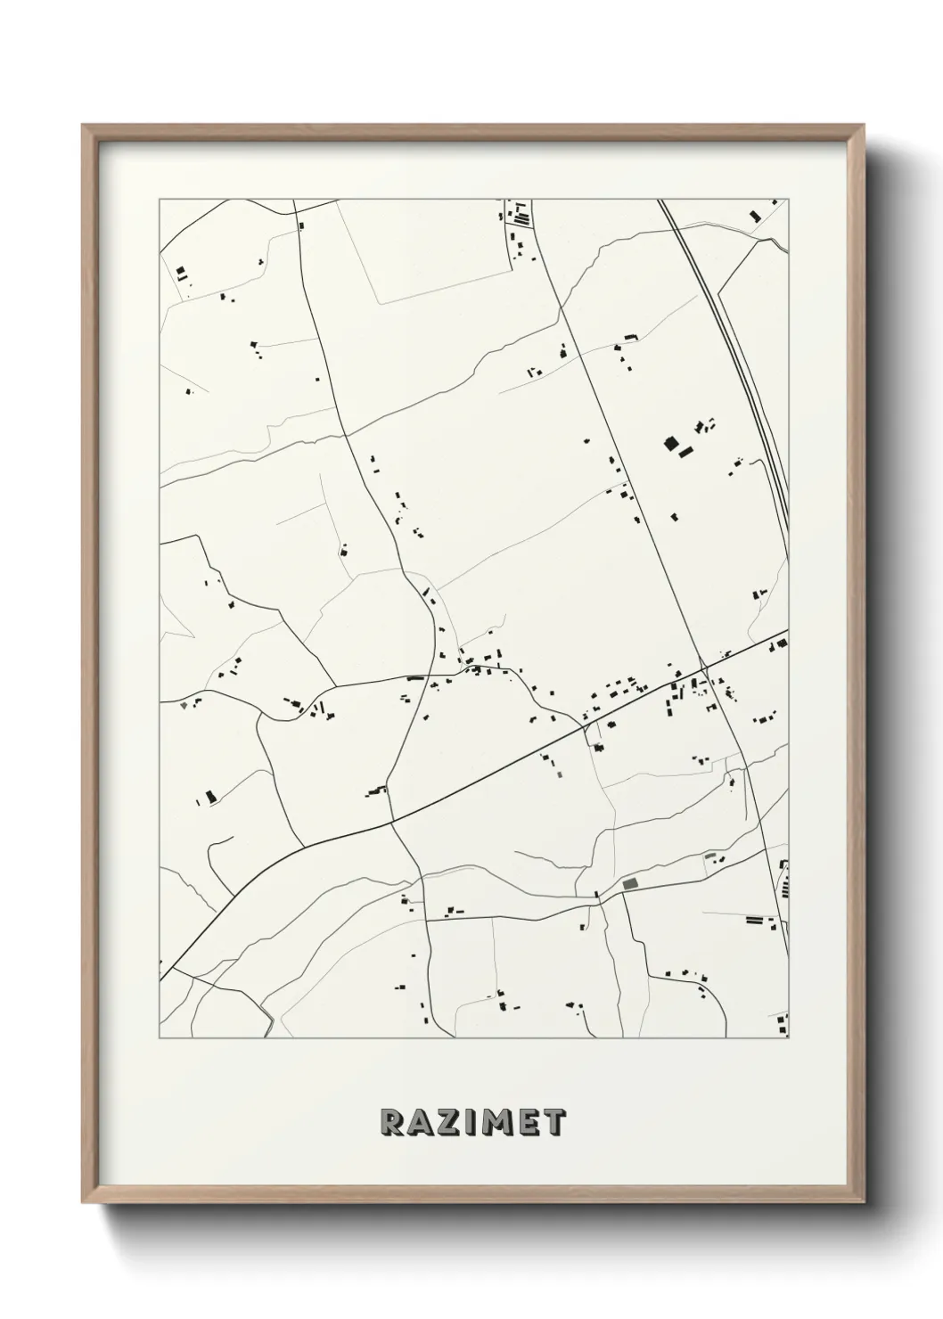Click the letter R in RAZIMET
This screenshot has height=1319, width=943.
(x=391, y=1122)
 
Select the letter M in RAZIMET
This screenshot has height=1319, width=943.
(x=496, y=1122)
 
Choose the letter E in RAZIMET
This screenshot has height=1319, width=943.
(x=527, y=1122)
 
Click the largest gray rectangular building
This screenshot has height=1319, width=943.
(x=631, y=882)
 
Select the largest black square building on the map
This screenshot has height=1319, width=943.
(x=671, y=442)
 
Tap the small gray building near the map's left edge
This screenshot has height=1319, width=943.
(x=184, y=705)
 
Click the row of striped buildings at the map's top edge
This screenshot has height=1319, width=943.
(x=518, y=216)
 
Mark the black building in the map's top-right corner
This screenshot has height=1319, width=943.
(x=755, y=215)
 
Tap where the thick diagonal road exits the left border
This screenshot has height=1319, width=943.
(x=160, y=979)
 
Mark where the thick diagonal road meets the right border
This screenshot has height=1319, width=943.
(x=788, y=631)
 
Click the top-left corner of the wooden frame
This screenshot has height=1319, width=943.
(x=83, y=126)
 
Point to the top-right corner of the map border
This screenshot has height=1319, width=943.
(x=789, y=199)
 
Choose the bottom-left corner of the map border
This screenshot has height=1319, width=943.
(x=160, y=1039)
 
